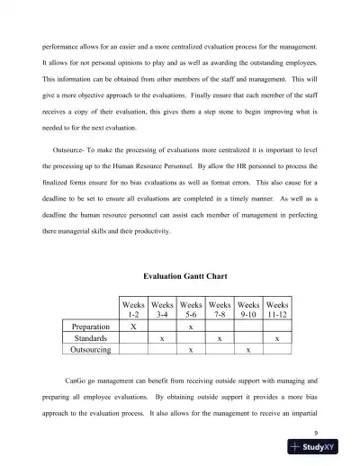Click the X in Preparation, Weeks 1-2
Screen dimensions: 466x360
pos(134,327)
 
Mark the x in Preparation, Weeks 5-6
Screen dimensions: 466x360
pos(191,327)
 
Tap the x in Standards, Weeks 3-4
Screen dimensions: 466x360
pos(162,338)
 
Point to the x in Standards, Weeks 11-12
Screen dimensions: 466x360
pos(277,338)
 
